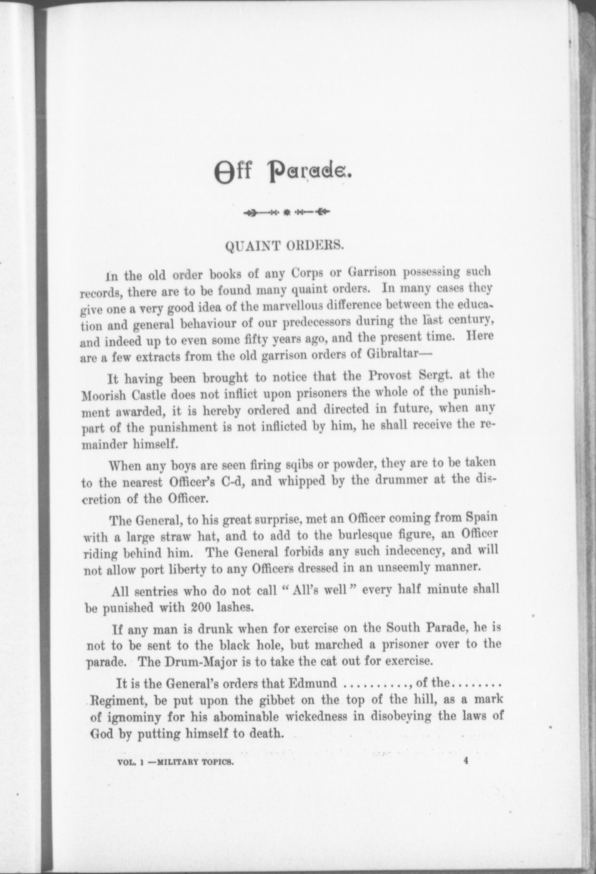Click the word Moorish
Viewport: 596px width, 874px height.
click(103, 395)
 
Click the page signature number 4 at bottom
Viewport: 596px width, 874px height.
click(466, 759)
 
